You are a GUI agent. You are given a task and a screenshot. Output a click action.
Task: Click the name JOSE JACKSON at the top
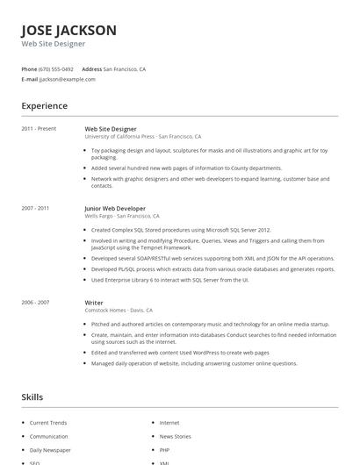click(x=68, y=30)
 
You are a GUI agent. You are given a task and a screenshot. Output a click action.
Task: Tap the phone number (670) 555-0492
click(x=55, y=68)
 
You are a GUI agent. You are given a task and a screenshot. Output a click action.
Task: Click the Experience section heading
click(x=45, y=106)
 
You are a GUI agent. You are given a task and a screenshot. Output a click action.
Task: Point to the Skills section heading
click(x=32, y=397)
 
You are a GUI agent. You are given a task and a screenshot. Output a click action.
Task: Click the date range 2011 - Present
click(x=39, y=129)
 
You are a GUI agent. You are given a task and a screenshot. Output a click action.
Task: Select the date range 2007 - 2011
click(x=35, y=208)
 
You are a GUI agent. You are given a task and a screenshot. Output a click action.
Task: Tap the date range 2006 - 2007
click(x=35, y=302)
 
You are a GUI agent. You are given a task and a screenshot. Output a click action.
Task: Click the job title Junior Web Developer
click(x=115, y=208)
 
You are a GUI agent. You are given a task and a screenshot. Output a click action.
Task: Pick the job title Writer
click(x=94, y=302)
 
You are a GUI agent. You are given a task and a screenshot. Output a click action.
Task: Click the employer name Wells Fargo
click(x=98, y=216)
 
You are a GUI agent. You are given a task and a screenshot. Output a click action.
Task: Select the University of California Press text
click(x=119, y=137)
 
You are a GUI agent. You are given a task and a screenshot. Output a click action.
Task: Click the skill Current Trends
click(x=47, y=423)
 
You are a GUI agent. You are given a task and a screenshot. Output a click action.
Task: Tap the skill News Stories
click(x=175, y=436)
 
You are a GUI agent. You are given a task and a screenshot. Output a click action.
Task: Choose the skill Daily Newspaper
click(x=51, y=449)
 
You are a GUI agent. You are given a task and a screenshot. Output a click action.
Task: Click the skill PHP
click(x=165, y=449)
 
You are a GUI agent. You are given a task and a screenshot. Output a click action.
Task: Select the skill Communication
click(x=48, y=436)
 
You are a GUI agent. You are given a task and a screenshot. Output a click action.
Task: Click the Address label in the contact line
click(x=91, y=68)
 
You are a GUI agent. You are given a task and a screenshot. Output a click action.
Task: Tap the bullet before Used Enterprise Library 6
click(x=87, y=280)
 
